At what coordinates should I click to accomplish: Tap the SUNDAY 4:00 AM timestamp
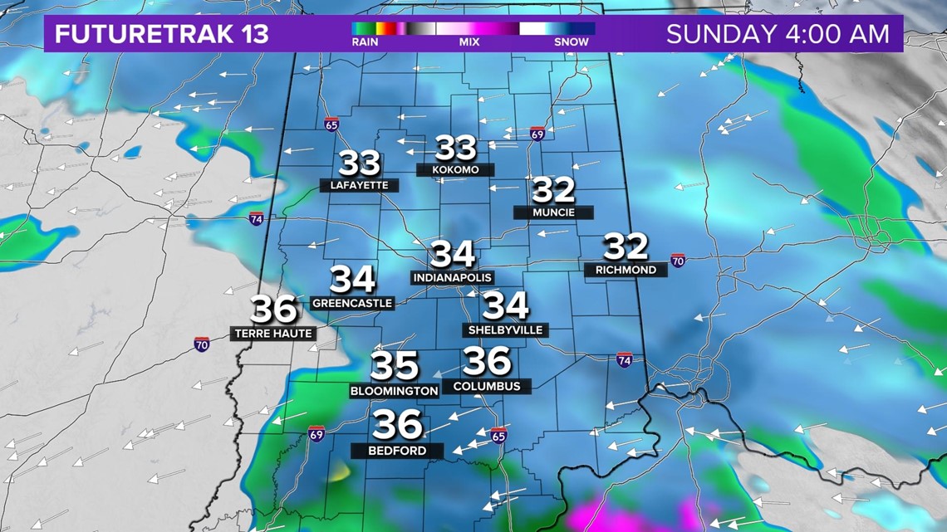[778, 34]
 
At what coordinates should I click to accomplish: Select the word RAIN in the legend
[365, 42]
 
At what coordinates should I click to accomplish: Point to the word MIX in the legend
[469, 42]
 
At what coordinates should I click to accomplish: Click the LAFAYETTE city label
[359, 185]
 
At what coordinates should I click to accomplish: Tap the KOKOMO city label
[455, 169]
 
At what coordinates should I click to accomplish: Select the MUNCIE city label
[553, 212]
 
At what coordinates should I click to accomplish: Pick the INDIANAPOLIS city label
[452, 277]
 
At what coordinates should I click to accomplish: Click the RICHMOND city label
[626, 270]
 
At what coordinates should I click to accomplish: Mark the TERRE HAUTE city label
[272, 334]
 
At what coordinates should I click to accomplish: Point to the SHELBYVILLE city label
[505, 329]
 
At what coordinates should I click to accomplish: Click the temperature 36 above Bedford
[398, 426]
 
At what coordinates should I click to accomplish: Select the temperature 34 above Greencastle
[352, 281]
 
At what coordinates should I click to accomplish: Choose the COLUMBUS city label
[487, 386]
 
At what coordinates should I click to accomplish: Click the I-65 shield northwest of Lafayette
[331, 124]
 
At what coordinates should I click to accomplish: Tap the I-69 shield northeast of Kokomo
[537, 134]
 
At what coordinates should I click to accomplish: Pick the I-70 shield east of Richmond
[678, 261]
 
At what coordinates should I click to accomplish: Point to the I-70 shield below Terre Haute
[202, 344]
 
